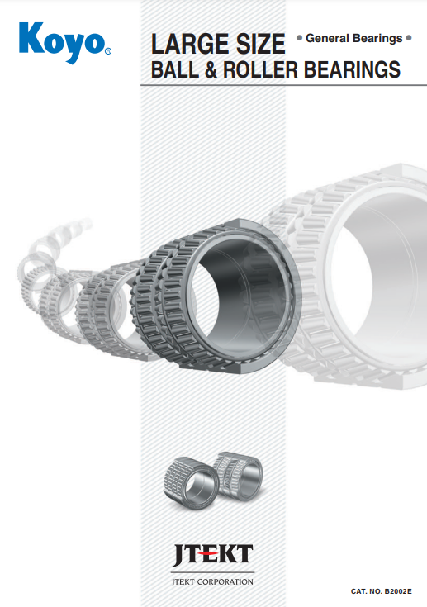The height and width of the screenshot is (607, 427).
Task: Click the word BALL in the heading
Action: click(x=174, y=69)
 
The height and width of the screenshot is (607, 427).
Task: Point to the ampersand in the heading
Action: click(x=211, y=69)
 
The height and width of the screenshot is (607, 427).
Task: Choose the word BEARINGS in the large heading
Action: click(x=352, y=69)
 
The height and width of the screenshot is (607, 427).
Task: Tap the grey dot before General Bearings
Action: click(x=299, y=38)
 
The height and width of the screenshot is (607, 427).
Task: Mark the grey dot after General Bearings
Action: click(x=409, y=38)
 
